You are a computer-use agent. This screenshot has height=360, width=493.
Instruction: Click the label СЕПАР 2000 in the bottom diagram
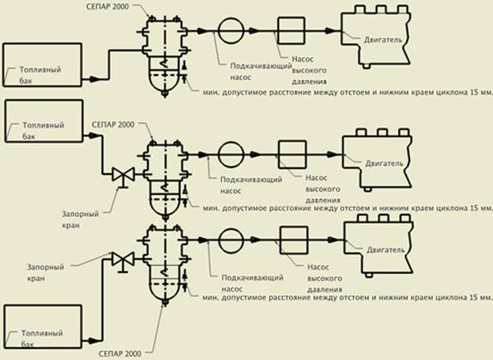[x=120, y=354]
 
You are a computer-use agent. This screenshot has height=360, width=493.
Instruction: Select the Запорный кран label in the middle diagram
[x=80, y=220]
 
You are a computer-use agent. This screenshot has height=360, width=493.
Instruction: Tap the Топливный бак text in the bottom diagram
[x=42, y=338]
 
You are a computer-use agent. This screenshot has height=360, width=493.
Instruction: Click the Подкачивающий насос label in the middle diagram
[x=251, y=185]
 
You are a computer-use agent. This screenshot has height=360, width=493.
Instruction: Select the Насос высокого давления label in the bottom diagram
[x=324, y=278]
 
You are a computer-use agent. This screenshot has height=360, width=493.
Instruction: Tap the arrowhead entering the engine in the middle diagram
[x=333, y=154]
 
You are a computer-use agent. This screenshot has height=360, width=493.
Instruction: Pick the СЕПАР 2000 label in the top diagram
[x=108, y=7]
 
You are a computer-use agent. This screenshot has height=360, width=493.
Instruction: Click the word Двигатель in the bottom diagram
[x=385, y=250]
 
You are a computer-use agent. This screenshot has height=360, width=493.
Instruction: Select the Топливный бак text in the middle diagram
[x=43, y=131]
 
